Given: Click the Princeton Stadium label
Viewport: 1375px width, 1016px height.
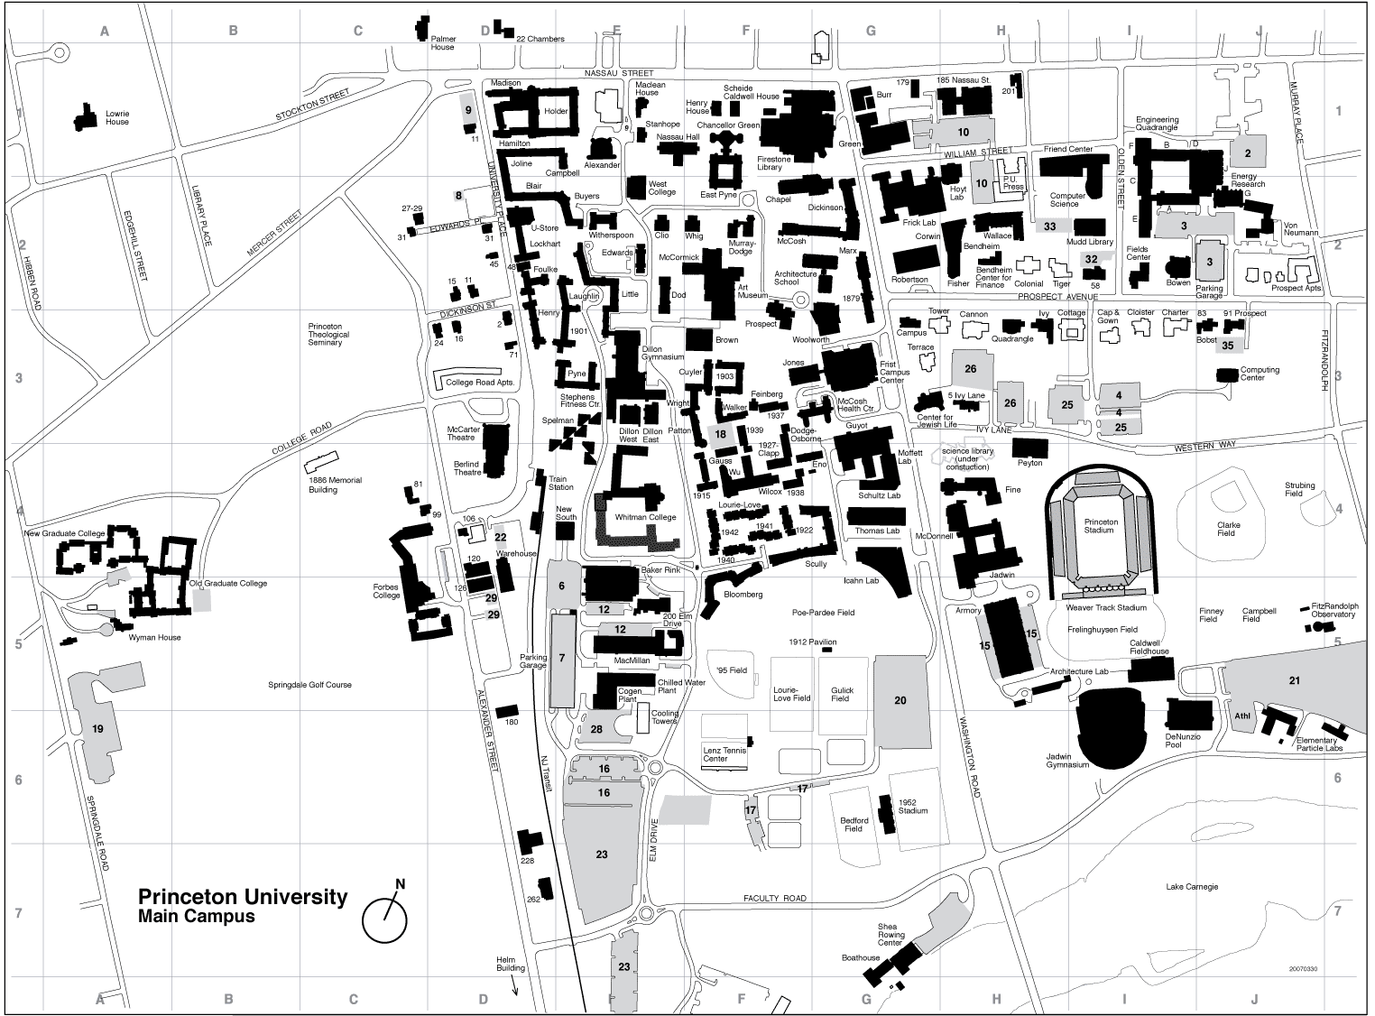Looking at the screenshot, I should pyautogui.click(x=1100, y=526).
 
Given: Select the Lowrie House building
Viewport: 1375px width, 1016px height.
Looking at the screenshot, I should pyautogui.click(x=87, y=116).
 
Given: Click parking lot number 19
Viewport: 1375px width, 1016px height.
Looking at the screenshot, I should pyautogui.click(x=98, y=727).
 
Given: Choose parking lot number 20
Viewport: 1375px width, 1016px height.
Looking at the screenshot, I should pyautogui.click(x=900, y=700).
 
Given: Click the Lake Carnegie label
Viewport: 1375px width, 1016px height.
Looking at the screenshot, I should pyautogui.click(x=1191, y=886).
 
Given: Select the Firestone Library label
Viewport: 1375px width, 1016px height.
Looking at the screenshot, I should pyautogui.click(x=775, y=162).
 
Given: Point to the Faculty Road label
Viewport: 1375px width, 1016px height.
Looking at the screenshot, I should pyautogui.click(x=774, y=899).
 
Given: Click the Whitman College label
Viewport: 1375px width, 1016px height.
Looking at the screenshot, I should pyautogui.click(x=645, y=517).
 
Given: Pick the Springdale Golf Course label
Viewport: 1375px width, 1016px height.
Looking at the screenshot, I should pyautogui.click(x=309, y=685).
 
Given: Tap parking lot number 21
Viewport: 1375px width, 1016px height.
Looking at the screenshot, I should pyautogui.click(x=1294, y=680).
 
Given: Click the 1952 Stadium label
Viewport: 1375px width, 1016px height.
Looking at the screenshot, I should pyautogui.click(x=912, y=806).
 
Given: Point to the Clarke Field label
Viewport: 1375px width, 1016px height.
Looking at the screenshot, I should pyautogui.click(x=1228, y=529).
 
